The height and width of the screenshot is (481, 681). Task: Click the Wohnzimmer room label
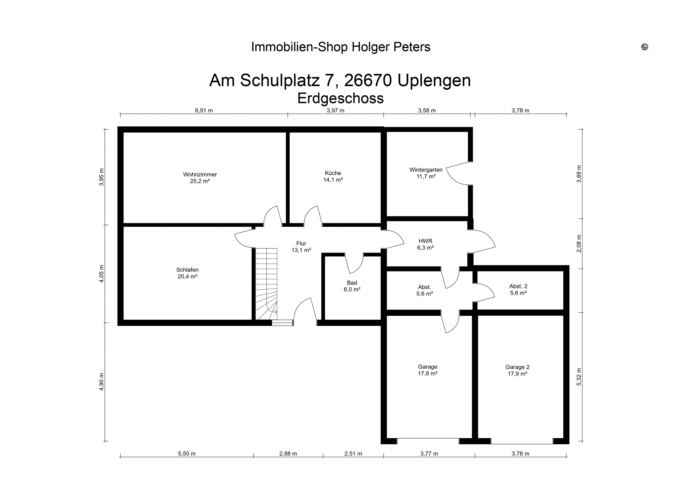tap(200, 177)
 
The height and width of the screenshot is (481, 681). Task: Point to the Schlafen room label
tap(188, 273)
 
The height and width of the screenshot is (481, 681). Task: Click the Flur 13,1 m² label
tap(301, 247)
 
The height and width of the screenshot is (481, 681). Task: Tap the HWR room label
tap(425, 244)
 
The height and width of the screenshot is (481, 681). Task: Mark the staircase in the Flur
tap(266, 284)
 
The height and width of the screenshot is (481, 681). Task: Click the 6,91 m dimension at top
tap(204, 111)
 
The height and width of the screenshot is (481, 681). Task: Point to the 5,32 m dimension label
tap(579, 377)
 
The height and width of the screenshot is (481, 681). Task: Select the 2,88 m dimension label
tap(288, 454)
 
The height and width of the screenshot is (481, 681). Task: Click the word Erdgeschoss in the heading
tap(340, 98)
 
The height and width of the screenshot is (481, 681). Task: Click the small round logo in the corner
tap(645, 47)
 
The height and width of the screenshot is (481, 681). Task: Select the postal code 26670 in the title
tap(368, 80)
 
